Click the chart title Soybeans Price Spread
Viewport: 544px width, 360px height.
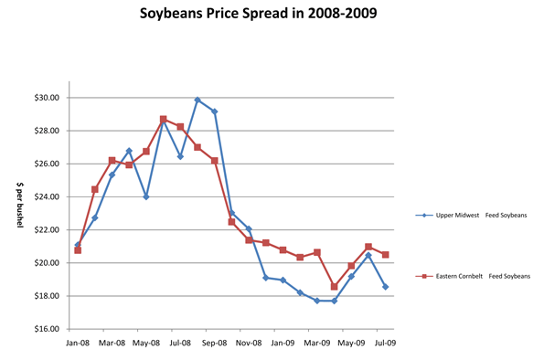pyautogui.click(x=272, y=15)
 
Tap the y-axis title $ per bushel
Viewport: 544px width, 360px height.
pyautogui.click(x=21, y=213)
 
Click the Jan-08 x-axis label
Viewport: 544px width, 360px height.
pyautogui.click(x=78, y=344)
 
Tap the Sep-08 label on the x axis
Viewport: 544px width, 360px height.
pyautogui.click(x=215, y=344)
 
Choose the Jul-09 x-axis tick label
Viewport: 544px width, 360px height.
pyautogui.click(x=386, y=344)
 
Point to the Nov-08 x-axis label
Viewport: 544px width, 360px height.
pyautogui.click(x=249, y=344)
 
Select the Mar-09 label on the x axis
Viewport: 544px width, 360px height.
pyautogui.click(x=317, y=344)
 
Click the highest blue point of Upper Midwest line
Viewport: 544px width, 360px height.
pyautogui.click(x=197, y=100)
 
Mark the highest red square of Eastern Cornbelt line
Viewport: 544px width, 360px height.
pyautogui.click(x=163, y=119)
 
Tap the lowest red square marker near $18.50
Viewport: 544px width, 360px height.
pyautogui.click(x=335, y=287)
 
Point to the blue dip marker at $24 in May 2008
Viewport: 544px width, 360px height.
pyautogui.click(x=146, y=196)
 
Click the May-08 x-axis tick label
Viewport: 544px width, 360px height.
pyautogui.click(x=146, y=344)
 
